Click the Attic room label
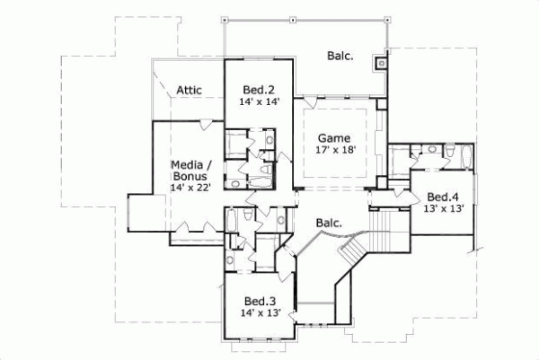coord(189,90)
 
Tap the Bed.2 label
coord(259,89)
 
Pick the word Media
coord(190,164)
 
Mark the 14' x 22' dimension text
coord(191,188)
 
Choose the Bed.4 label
coord(443,197)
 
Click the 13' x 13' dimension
coord(443,209)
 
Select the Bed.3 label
coord(261,300)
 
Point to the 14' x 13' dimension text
coord(261,312)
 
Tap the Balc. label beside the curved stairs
coord(328,223)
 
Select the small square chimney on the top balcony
coord(382,64)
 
